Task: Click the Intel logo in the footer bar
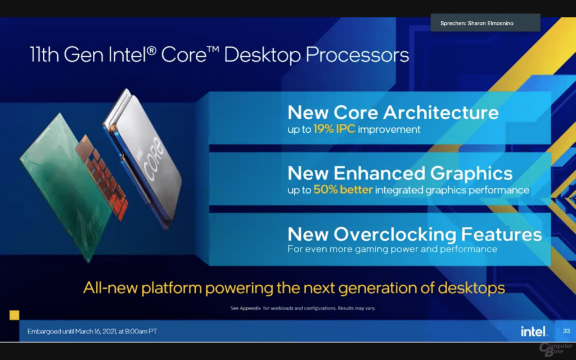[x=534, y=331]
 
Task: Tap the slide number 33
[x=566, y=331]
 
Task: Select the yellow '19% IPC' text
[x=334, y=129]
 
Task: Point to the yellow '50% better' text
[x=343, y=190]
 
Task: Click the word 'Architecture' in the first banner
[x=441, y=112]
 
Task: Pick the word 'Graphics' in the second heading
[x=471, y=173]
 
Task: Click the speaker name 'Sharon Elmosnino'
[x=490, y=23]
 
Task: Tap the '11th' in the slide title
[x=44, y=55]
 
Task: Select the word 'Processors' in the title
[x=357, y=55]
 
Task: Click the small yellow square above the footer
[x=14, y=315]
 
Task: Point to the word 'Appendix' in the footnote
[x=250, y=308]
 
